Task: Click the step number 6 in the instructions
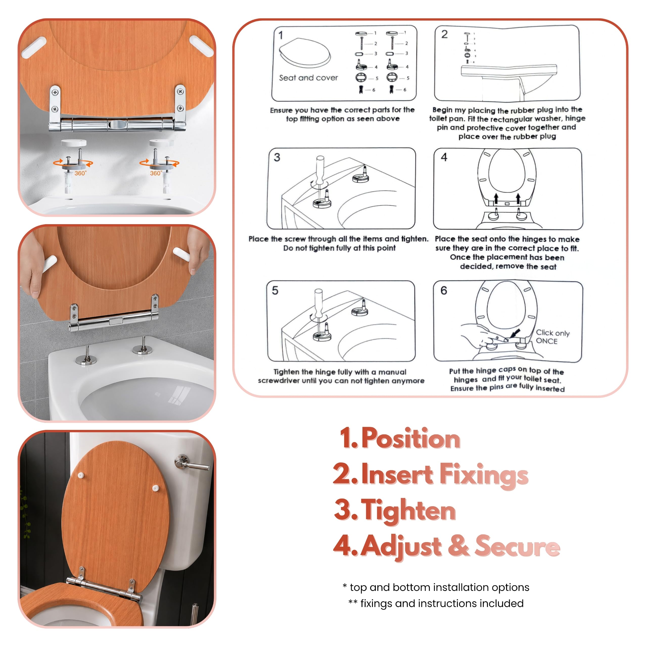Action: click(444, 290)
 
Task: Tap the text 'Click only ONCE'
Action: click(552, 337)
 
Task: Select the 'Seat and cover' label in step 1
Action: click(308, 78)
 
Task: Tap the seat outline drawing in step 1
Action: click(305, 53)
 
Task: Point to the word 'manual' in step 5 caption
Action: click(392, 372)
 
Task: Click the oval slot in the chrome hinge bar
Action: click(117, 125)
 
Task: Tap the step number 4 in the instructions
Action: click(444, 157)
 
